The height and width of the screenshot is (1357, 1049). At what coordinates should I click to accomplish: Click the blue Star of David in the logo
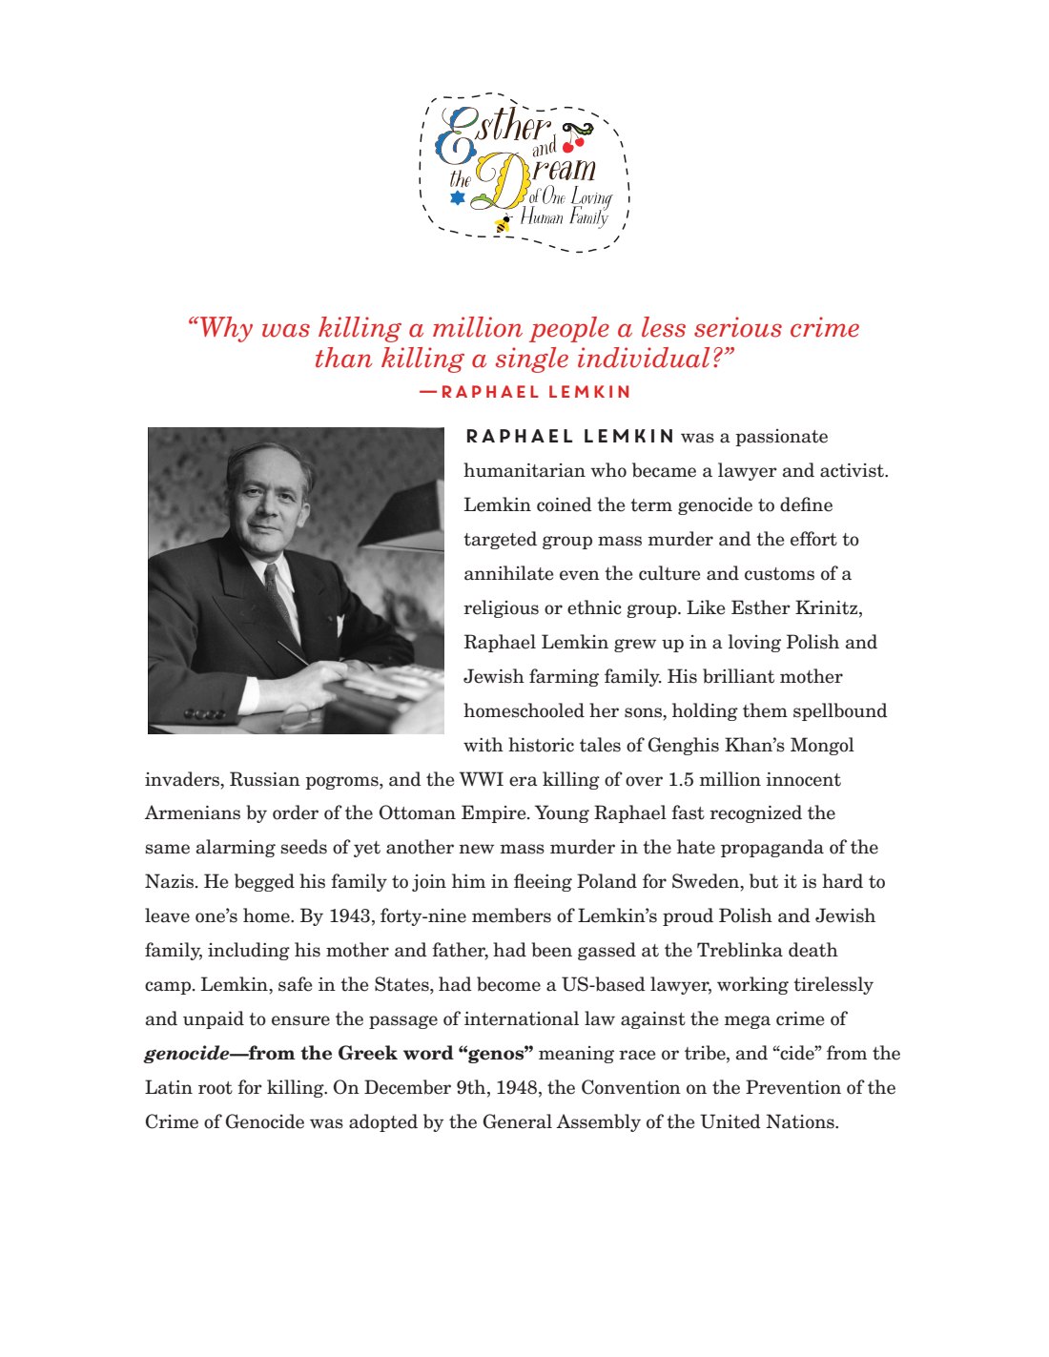pos(458,197)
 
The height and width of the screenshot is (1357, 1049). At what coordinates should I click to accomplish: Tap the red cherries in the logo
pos(572,143)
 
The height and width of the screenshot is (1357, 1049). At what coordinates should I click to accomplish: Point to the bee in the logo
pos(503,224)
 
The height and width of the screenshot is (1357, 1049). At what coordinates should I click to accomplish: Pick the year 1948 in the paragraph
pos(516,1088)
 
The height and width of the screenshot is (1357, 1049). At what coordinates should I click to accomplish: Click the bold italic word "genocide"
pos(187,1054)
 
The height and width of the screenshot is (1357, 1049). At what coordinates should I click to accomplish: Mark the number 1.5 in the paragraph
pos(681,780)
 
